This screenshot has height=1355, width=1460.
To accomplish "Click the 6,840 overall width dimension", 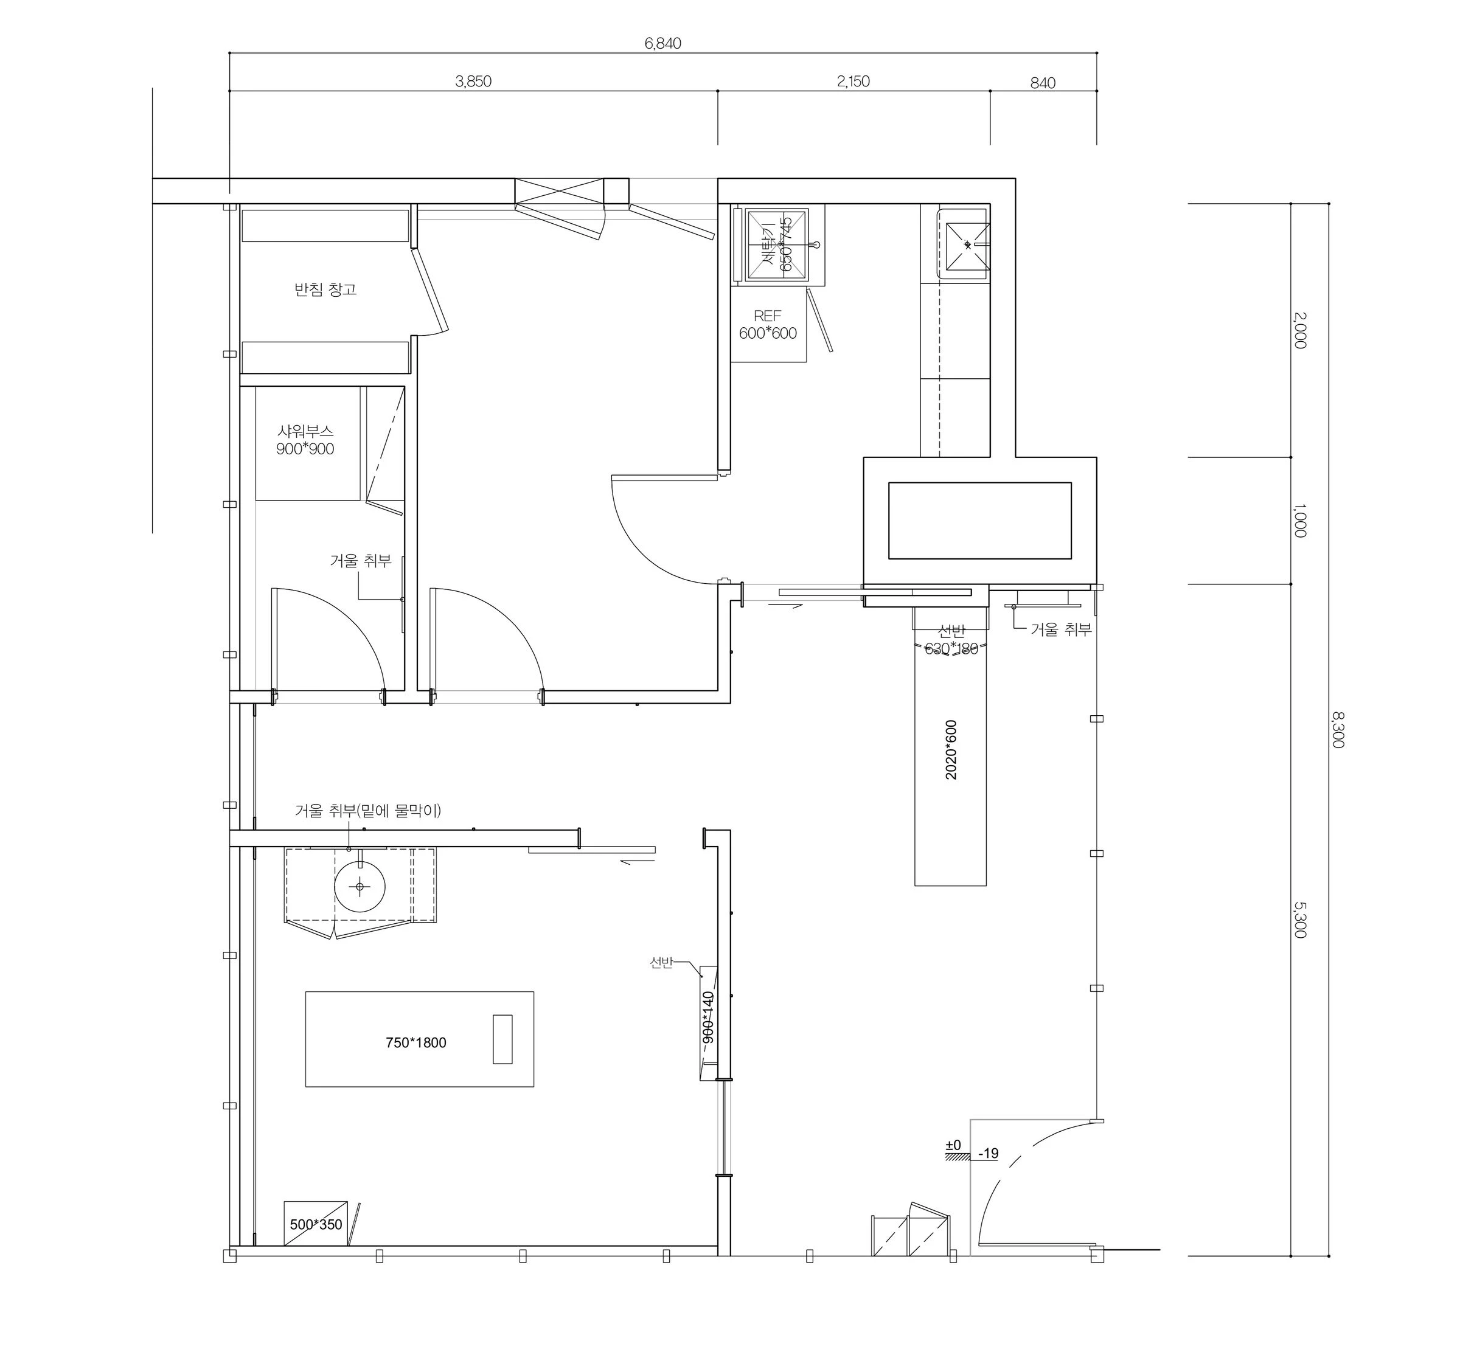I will (x=662, y=43).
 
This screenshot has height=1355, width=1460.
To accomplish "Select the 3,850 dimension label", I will (x=473, y=81).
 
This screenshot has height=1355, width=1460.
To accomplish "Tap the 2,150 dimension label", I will (x=853, y=81).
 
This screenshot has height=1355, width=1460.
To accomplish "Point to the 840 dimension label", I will (x=1042, y=83).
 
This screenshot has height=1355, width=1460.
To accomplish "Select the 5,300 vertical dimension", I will (x=1299, y=920).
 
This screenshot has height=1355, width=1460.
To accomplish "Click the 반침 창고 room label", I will (x=325, y=289).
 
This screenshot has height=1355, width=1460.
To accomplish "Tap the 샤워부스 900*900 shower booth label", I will (x=305, y=440).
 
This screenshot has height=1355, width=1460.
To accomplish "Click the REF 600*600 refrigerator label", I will (x=767, y=324).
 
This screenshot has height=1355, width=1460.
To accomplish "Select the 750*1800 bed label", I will (x=415, y=1042).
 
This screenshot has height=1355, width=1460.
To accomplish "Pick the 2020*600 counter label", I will (x=951, y=749).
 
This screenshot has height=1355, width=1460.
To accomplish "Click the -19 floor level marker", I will (x=989, y=1153).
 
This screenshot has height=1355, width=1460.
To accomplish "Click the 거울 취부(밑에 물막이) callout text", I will (x=368, y=810).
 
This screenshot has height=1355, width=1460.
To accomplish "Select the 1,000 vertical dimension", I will (x=1299, y=520).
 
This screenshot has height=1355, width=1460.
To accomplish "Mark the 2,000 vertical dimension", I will (x=1299, y=330).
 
